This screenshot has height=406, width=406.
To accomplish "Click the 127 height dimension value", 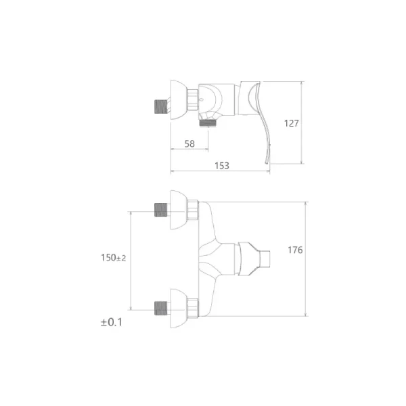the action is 291,123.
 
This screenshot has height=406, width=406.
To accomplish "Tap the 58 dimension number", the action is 189,143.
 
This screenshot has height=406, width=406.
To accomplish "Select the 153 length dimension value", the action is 222,166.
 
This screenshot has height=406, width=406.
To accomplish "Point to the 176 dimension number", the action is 295,250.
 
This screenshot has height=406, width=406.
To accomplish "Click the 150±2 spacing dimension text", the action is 114,258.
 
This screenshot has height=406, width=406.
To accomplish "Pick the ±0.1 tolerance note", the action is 112,322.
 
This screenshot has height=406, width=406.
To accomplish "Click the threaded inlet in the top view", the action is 161,106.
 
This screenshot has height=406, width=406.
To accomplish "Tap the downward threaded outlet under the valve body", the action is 208,122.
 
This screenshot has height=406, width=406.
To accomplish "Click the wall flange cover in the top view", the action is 179,99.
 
